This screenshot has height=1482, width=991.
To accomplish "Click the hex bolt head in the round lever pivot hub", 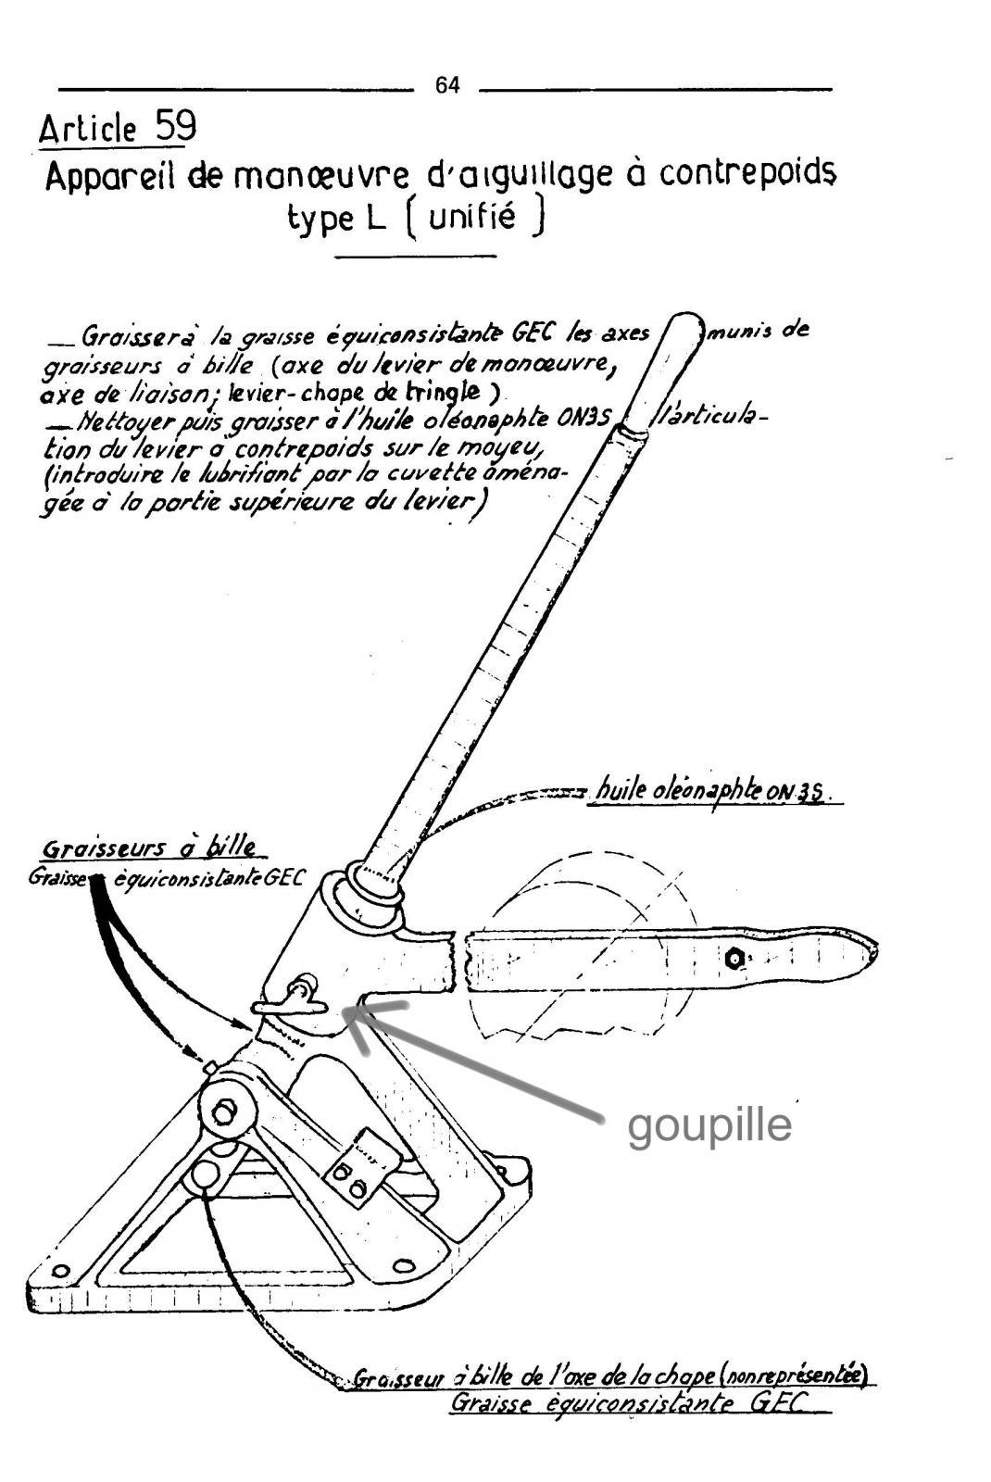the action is pos(226,1112).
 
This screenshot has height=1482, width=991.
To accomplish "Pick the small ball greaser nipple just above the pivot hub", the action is pos(209,1066).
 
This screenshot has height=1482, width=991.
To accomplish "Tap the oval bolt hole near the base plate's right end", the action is pos(403,1266).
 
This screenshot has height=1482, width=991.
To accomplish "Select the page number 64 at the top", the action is pos(447,85).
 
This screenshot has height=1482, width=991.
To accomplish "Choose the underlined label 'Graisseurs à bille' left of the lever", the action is pos(149,848).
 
